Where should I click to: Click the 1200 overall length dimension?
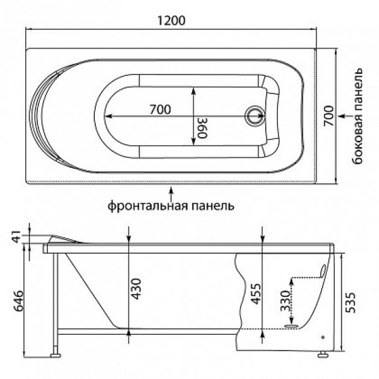pyautogui.click(x=171, y=19)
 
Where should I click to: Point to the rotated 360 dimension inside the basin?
pyautogui.click(x=202, y=128)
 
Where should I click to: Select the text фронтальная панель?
pyautogui.click(x=171, y=205)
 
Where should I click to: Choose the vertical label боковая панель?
pyautogui.click(x=358, y=117)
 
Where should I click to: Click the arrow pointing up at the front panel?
pyautogui.click(x=171, y=191)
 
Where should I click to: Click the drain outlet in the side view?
pyautogui.click(x=293, y=326)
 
